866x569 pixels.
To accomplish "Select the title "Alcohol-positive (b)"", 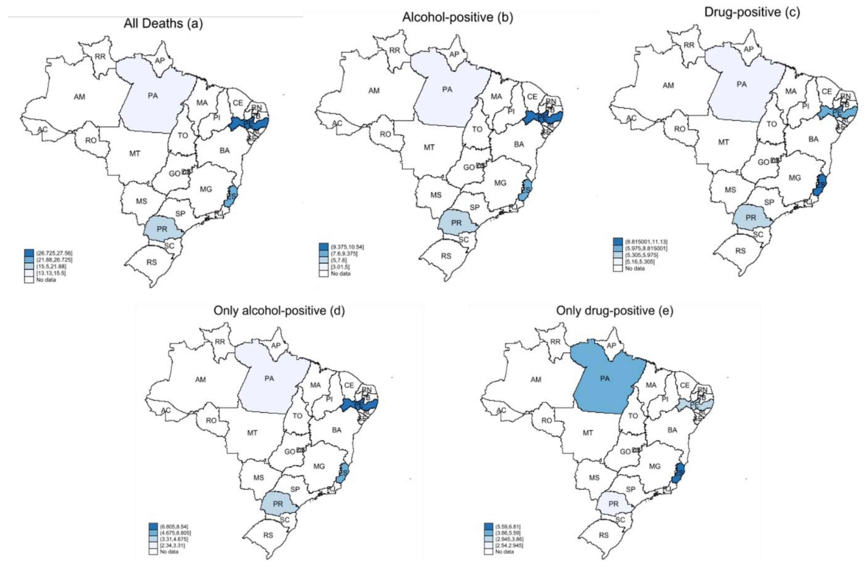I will pos(457,17).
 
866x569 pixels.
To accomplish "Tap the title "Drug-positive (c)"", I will pos(752,12).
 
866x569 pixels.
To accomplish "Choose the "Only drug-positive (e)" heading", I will pos(614,310).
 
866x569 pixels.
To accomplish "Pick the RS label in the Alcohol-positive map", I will pos(446,256).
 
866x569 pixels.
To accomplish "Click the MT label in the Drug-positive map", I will pos(723,142).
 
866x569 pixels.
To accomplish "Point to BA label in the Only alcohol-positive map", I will pos(337,430).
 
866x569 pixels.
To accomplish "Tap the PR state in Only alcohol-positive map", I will pos(278,504).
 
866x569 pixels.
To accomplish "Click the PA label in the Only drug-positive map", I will pos(605,379).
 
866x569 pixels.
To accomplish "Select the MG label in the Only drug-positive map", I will pos(655,466).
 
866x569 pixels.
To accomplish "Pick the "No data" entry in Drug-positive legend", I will pos(635,268).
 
